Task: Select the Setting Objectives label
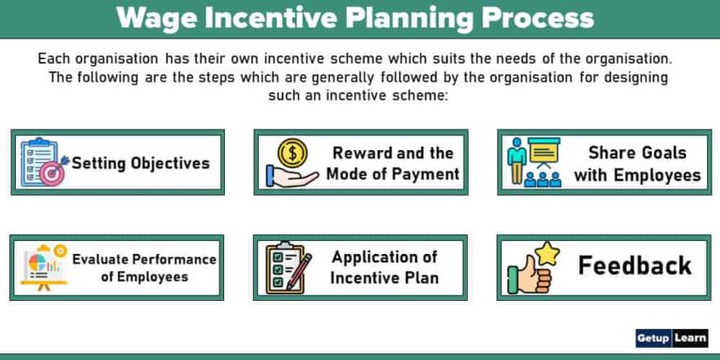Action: point(141,163)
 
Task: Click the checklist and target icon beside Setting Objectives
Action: point(42,161)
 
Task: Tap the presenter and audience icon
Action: point(532,162)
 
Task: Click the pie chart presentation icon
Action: point(42,267)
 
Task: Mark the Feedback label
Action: point(635,265)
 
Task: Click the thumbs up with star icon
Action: point(532,266)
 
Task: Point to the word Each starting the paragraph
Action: point(53,58)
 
